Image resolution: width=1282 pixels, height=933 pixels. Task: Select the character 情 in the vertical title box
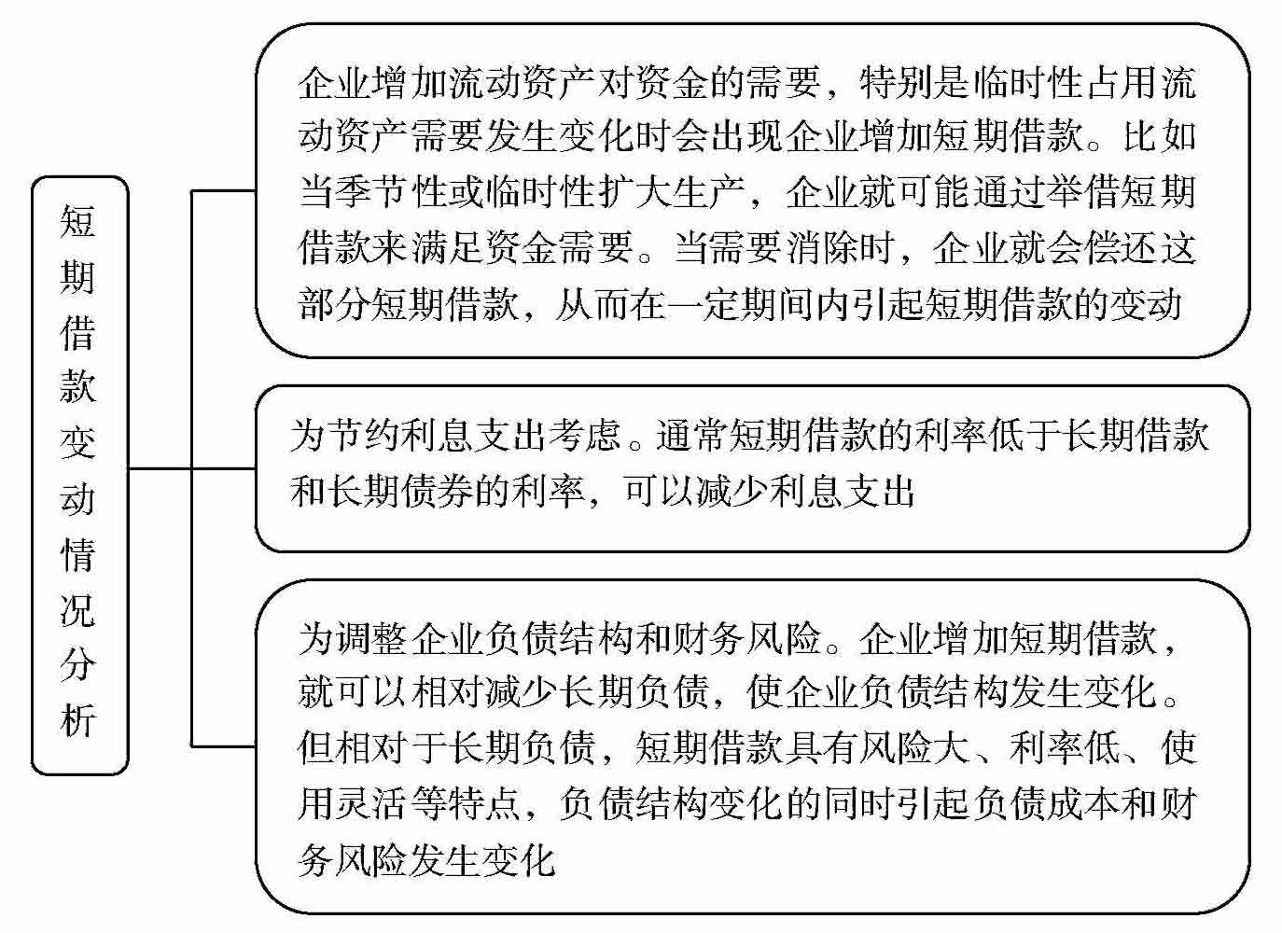tap(78, 554)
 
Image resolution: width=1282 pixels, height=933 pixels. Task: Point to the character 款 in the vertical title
tap(78, 387)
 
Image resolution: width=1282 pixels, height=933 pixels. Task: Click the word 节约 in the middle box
tap(365, 436)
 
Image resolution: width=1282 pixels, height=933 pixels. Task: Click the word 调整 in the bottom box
tap(374, 638)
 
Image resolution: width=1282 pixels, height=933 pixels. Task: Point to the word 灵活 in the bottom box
tap(374, 803)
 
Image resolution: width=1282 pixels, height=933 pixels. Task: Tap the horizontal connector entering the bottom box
tap(224, 745)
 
